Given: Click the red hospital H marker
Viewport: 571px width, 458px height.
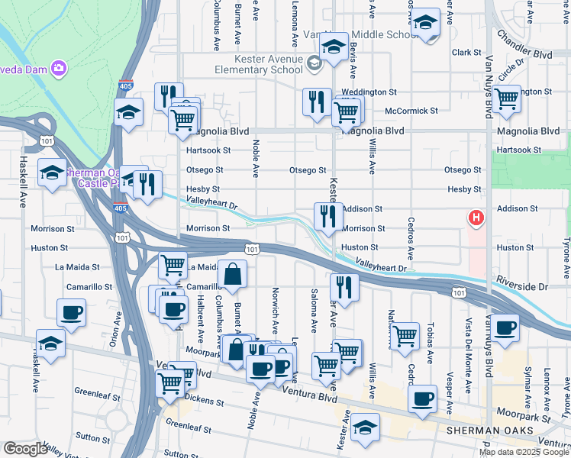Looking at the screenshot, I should [x=476, y=219].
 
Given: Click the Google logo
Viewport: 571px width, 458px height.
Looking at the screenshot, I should [x=25, y=449].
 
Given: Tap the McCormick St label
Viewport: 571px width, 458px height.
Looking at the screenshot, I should [x=411, y=111].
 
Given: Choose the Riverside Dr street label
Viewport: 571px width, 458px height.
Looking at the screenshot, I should [x=522, y=286].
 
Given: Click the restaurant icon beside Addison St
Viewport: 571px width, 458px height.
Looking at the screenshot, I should [x=328, y=216].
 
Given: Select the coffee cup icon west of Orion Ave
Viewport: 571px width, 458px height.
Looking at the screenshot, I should [x=72, y=312].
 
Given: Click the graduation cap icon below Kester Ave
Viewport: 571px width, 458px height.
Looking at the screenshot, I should [x=366, y=429].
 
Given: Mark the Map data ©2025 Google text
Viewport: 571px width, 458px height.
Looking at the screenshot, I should [x=524, y=452].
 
